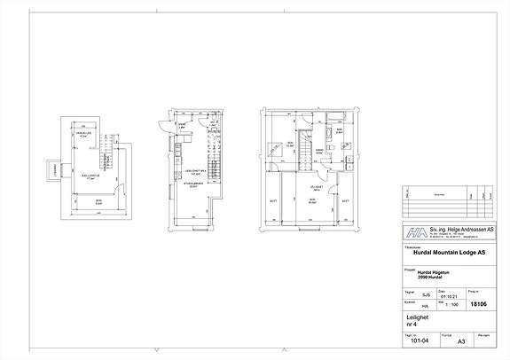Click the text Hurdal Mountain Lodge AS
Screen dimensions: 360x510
click(x=451, y=254)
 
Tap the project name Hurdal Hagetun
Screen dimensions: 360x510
click(x=432, y=272)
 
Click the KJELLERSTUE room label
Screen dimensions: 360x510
click(x=88, y=176)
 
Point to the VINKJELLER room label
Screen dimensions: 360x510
click(x=82, y=135)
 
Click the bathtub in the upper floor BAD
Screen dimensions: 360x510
click(x=338, y=120)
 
